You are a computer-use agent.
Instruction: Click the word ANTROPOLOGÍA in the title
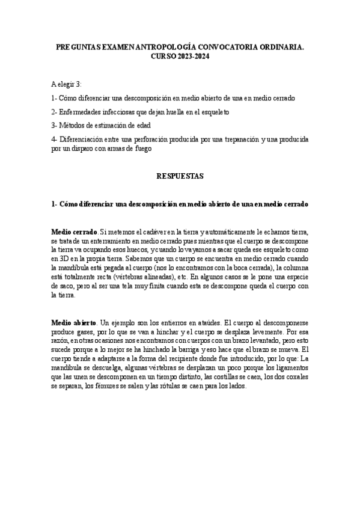pyautogui.click(x=153, y=46)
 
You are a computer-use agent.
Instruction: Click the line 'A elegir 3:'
pyautogui.click(x=66, y=84)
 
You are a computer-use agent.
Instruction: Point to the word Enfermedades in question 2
pyautogui.click(x=80, y=112)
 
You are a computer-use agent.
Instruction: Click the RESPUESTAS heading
pyautogui.click(x=180, y=176)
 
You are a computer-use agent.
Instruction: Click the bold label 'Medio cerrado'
pyautogui.click(x=73, y=232)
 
